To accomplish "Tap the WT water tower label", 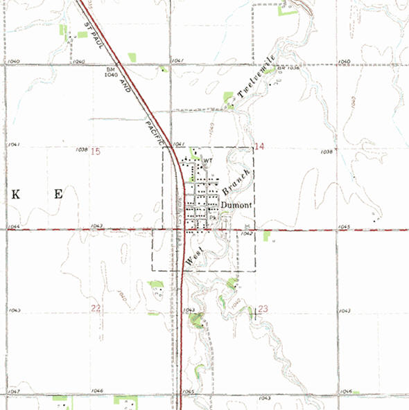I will click(x=206, y=161).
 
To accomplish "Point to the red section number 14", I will click(x=260, y=146).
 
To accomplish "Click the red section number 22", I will click(x=96, y=307).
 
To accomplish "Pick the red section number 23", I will click(x=262, y=308).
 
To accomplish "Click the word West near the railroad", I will click(x=194, y=256).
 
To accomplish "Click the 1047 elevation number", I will click(x=13, y=391).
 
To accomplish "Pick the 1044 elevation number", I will click(x=13, y=227).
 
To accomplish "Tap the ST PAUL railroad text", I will click(x=91, y=35).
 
